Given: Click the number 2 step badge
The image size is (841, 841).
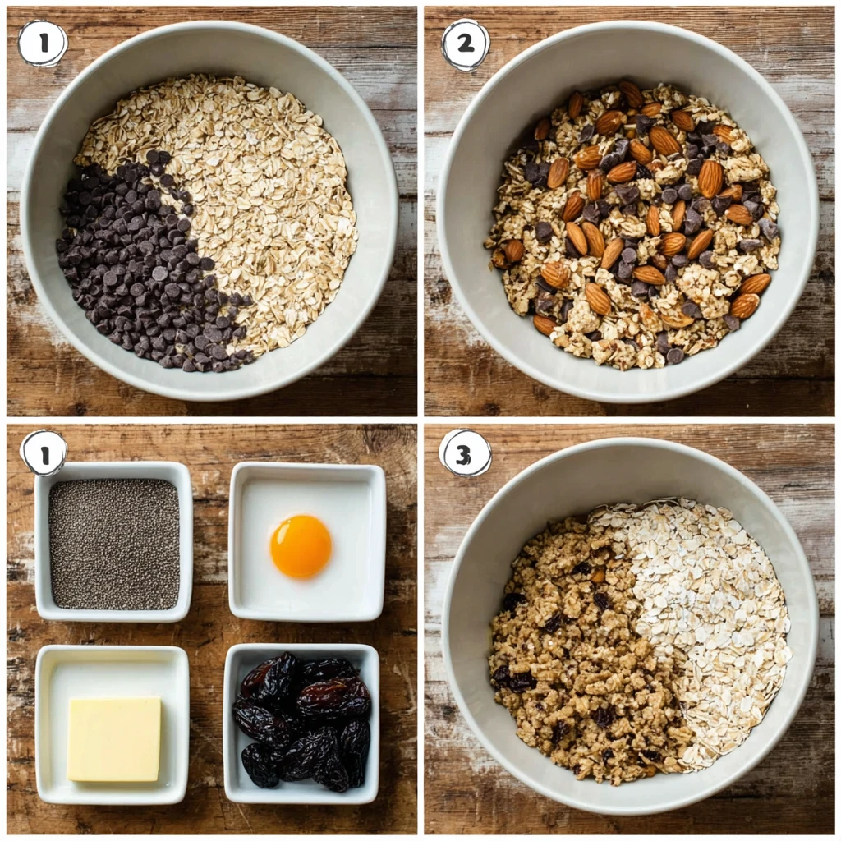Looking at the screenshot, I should (465, 44).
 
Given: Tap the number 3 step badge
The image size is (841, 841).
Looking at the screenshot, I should (465, 453).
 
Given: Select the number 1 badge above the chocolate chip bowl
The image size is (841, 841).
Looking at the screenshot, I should (42, 43).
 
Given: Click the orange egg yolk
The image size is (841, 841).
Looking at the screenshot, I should (301, 546).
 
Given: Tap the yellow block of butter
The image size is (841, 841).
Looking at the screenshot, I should (114, 738).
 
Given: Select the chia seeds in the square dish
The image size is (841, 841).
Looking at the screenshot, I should (114, 544).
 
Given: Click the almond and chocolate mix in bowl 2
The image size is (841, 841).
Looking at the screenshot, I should (632, 222).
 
